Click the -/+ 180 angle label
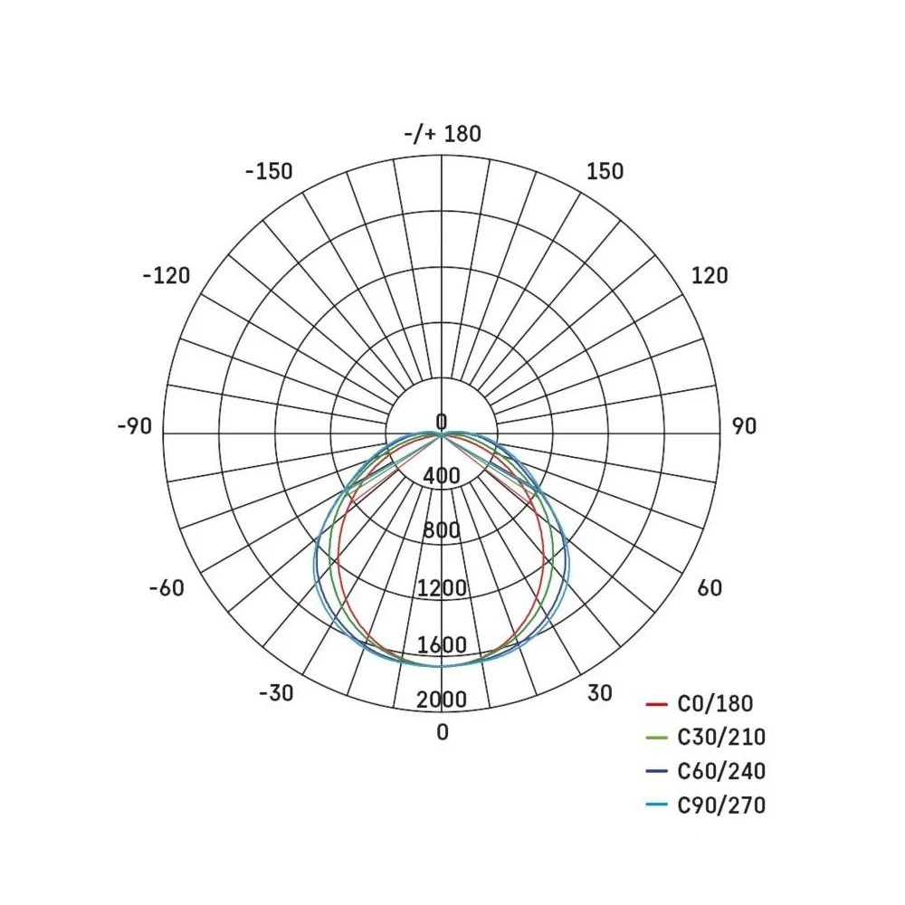click(x=443, y=134)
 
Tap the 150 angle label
click(x=605, y=171)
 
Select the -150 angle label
click(x=269, y=171)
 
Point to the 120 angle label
click(x=710, y=275)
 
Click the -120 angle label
click(x=167, y=275)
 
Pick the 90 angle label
click(x=744, y=426)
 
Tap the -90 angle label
click(x=135, y=426)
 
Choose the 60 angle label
click(x=710, y=587)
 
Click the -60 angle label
click(x=167, y=587)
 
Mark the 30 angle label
click(x=600, y=692)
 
